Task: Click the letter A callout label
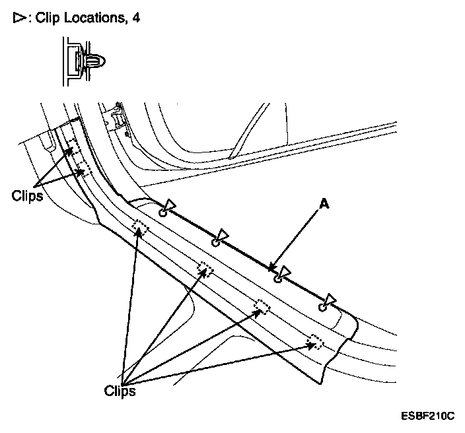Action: (x=324, y=205)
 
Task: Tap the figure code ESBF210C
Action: (x=427, y=416)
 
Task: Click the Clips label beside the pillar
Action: (x=27, y=196)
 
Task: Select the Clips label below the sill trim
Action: (x=120, y=391)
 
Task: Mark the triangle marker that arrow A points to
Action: (x=285, y=271)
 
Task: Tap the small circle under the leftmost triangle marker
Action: (x=162, y=213)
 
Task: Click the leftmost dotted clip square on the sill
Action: (x=140, y=228)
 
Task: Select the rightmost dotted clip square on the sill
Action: (x=316, y=341)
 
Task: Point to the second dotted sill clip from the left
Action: (x=205, y=270)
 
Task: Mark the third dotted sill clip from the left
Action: (x=262, y=306)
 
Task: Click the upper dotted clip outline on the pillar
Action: (x=73, y=147)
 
